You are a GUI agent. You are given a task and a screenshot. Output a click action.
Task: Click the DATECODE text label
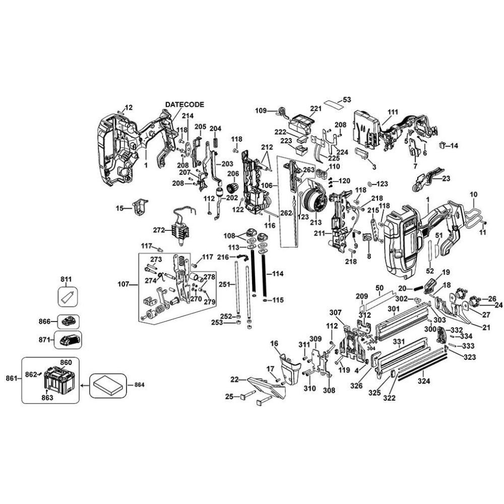[184, 104]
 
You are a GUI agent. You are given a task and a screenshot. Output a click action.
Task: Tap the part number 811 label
[66, 279]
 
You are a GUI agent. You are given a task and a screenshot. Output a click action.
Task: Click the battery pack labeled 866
[69, 321]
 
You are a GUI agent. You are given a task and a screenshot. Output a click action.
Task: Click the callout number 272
[159, 230]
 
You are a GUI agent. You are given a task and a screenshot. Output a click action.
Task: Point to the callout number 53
[347, 99]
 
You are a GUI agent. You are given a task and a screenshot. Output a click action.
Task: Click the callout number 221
[316, 108]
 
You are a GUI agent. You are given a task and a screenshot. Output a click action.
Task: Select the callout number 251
[224, 285]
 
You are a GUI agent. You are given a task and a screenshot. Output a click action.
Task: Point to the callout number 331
[399, 342]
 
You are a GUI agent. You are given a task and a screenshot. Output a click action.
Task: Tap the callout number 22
[234, 380]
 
